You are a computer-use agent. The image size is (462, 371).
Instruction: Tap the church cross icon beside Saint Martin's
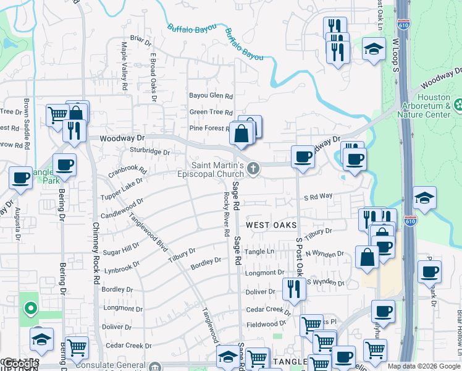[x=253, y=168]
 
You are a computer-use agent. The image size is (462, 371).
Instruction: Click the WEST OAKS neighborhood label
[x=272, y=225]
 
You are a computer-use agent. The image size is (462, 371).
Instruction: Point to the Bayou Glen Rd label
[x=211, y=96]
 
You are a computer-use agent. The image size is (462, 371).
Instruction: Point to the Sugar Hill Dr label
[x=121, y=249]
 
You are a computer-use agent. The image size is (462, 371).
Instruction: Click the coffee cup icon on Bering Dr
[x=64, y=165]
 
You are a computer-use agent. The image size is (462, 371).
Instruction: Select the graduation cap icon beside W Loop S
[x=374, y=49]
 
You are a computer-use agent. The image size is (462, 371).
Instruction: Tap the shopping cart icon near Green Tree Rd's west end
[x=57, y=114]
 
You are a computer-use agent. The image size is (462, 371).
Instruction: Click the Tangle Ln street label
[x=259, y=252]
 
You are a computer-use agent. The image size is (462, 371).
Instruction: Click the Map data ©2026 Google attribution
[x=424, y=366]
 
